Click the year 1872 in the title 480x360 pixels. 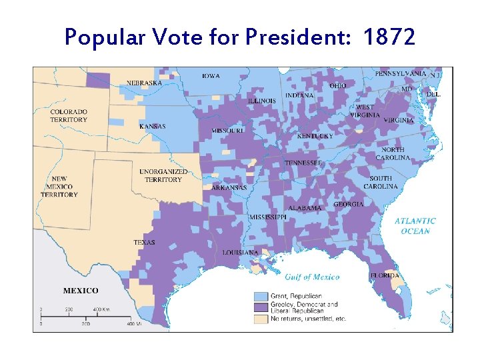point(390,37)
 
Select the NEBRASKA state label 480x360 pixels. point(144,83)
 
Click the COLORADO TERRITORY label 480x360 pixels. point(69,115)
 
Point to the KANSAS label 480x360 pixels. point(153,126)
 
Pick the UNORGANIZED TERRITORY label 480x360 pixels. point(163,175)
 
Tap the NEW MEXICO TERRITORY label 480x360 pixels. point(59,187)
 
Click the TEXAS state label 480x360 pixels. point(144,243)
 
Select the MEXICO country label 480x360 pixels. point(81,291)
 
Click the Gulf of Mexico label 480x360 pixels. point(312,277)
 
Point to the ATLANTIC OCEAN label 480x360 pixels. point(415,226)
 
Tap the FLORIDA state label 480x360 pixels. point(385,275)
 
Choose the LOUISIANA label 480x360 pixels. point(241,253)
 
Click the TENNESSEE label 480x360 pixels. point(303,163)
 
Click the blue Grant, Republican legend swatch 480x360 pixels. point(261,295)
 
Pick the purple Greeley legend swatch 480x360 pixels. point(261,307)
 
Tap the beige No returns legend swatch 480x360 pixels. point(261,319)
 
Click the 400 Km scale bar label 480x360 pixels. point(101,309)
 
